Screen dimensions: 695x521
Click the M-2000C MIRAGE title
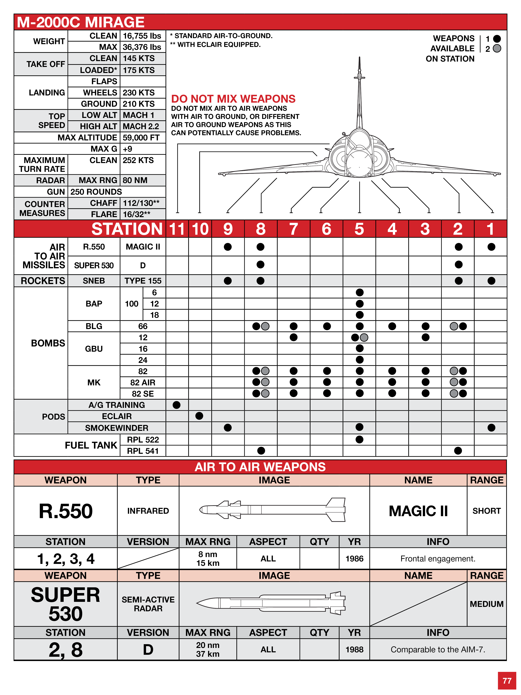click(81, 22)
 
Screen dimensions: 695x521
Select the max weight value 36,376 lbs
click(142, 47)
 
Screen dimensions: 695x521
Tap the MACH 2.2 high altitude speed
click(141, 126)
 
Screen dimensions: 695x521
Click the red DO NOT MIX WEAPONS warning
click(233, 99)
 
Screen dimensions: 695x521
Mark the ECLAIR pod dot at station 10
click(199, 416)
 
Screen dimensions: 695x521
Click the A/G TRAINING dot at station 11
click(176, 405)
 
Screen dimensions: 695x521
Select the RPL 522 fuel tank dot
click(360, 440)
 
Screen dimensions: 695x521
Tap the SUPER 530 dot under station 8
click(260, 265)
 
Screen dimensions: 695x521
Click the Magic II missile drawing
click(273, 510)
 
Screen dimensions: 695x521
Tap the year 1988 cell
click(354, 649)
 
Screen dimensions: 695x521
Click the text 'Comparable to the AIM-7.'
click(438, 649)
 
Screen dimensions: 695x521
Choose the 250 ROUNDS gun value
click(96, 192)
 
